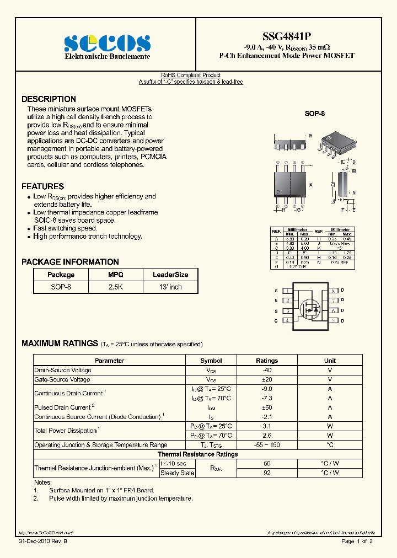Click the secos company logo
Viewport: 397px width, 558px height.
(107, 43)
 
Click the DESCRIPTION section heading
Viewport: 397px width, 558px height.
(49, 99)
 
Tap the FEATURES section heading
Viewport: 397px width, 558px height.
(42, 186)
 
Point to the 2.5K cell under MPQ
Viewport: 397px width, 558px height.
(116, 287)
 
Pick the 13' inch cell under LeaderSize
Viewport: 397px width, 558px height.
(170, 287)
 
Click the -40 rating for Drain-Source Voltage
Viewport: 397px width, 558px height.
(267, 371)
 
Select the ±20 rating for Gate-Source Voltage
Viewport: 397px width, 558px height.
(267, 380)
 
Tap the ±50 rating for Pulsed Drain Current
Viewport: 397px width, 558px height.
(267, 407)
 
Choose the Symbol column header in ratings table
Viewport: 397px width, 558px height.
(211, 361)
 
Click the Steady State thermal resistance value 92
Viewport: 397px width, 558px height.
(267, 473)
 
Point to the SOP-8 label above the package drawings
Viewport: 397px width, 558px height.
(315, 113)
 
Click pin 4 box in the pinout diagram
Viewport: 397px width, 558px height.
(287, 320)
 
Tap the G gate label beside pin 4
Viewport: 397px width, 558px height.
(276, 320)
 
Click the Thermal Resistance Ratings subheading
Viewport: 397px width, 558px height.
(198, 454)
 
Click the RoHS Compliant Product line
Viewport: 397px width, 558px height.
(190, 75)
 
